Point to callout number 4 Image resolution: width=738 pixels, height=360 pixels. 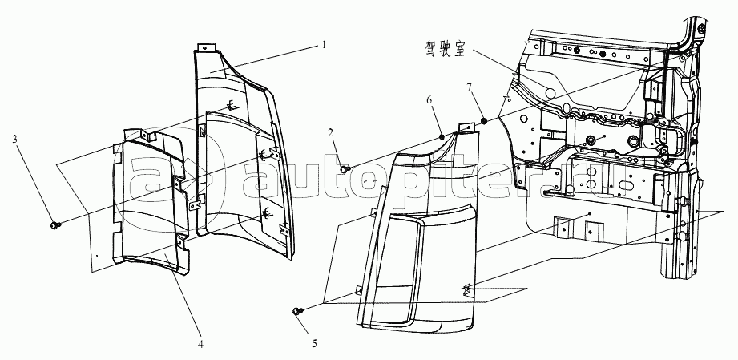click(x=200, y=345)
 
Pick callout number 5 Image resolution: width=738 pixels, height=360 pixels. click(x=315, y=344)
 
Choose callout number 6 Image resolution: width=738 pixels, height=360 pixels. click(x=429, y=99)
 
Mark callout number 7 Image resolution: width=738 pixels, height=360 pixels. click(x=471, y=86)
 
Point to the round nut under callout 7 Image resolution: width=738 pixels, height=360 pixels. click(x=485, y=121)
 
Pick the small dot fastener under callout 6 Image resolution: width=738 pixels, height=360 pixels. click(x=442, y=136)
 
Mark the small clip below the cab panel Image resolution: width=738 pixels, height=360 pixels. click(x=465, y=287)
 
